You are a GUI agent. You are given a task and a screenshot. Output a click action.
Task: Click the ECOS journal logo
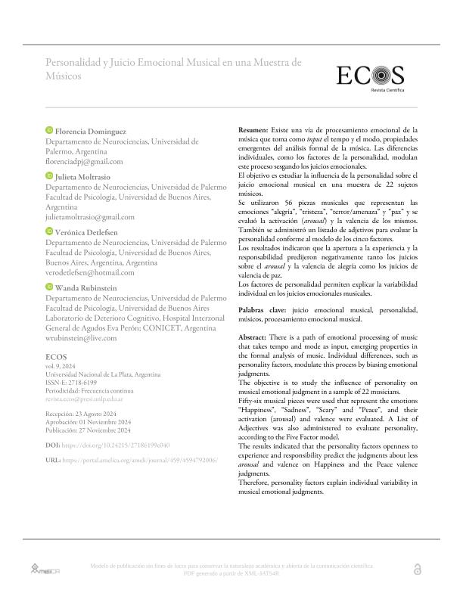(371, 76)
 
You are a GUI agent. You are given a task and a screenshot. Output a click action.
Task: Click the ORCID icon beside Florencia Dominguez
(50, 132)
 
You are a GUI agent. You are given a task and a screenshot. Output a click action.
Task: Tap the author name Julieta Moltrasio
(83, 176)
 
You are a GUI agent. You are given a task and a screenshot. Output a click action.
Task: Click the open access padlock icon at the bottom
(418, 568)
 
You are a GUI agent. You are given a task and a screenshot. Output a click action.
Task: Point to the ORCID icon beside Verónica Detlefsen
(50, 231)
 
